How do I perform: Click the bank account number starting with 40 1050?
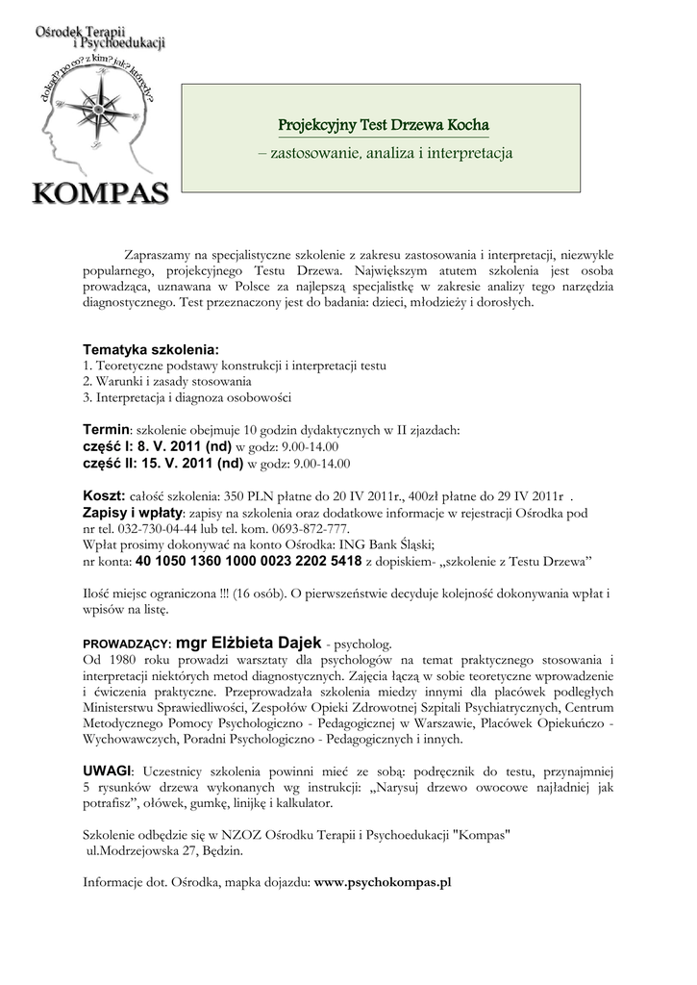click(249, 560)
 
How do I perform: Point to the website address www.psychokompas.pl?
click(383, 881)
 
